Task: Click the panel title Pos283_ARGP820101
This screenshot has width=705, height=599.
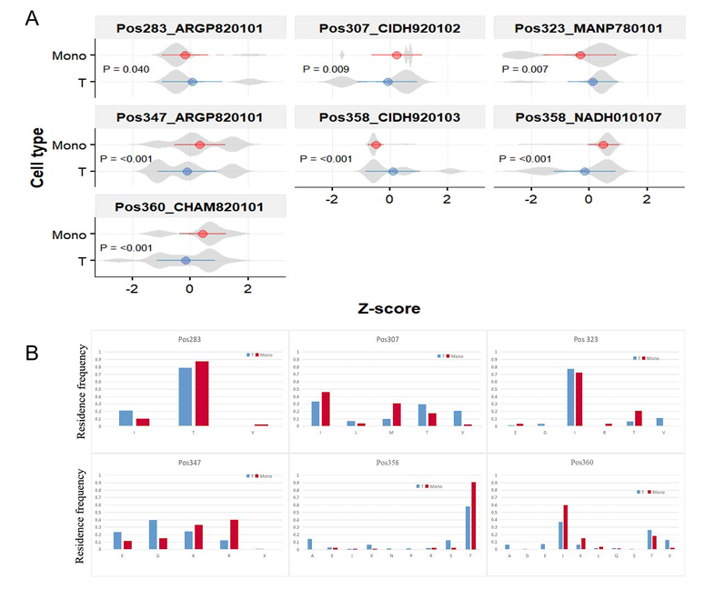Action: click(x=189, y=28)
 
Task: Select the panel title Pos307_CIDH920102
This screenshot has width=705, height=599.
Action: click(x=389, y=28)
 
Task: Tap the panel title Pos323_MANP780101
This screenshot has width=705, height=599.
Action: click(x=589, y=28)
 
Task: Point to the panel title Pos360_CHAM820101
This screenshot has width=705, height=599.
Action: click(x=189, y=207)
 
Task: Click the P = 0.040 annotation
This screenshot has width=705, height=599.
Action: click(x=125, y=68)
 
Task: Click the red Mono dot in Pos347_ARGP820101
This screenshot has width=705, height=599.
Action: click(x=200, y=145)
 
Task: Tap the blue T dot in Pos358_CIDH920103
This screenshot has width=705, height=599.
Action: click(x=393, y=171)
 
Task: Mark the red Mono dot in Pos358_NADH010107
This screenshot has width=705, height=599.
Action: click(x=603, y=145)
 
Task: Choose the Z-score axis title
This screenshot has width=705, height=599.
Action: click(x=389, y=308)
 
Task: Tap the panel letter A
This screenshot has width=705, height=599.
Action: click(x=33, y=17)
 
